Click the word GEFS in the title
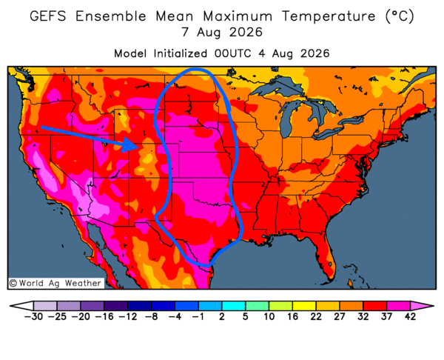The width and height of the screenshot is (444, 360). point(48,16)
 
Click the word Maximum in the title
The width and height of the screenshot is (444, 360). point(238,16)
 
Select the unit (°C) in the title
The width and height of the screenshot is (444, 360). point(400,16)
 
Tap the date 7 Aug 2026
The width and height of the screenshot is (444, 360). point(222,32)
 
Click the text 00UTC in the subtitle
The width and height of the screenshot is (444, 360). point(232,53)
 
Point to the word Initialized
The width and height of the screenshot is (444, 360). point(181,53)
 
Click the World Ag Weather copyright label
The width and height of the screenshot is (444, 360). point(55,283)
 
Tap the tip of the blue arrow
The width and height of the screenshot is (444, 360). point(138,147)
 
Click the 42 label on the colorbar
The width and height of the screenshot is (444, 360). point(410,316)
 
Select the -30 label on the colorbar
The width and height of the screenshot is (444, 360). point(33,316)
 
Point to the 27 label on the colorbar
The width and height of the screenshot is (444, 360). point(339,316)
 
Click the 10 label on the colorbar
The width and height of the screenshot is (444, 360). point(269,316)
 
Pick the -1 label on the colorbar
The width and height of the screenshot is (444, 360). point(198,316)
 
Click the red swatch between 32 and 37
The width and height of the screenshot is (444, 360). point(374,306)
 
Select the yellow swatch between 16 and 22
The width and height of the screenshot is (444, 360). point(304,306)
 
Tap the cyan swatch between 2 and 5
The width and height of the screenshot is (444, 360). point(233,306)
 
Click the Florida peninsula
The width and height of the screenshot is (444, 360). point(326,255)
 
